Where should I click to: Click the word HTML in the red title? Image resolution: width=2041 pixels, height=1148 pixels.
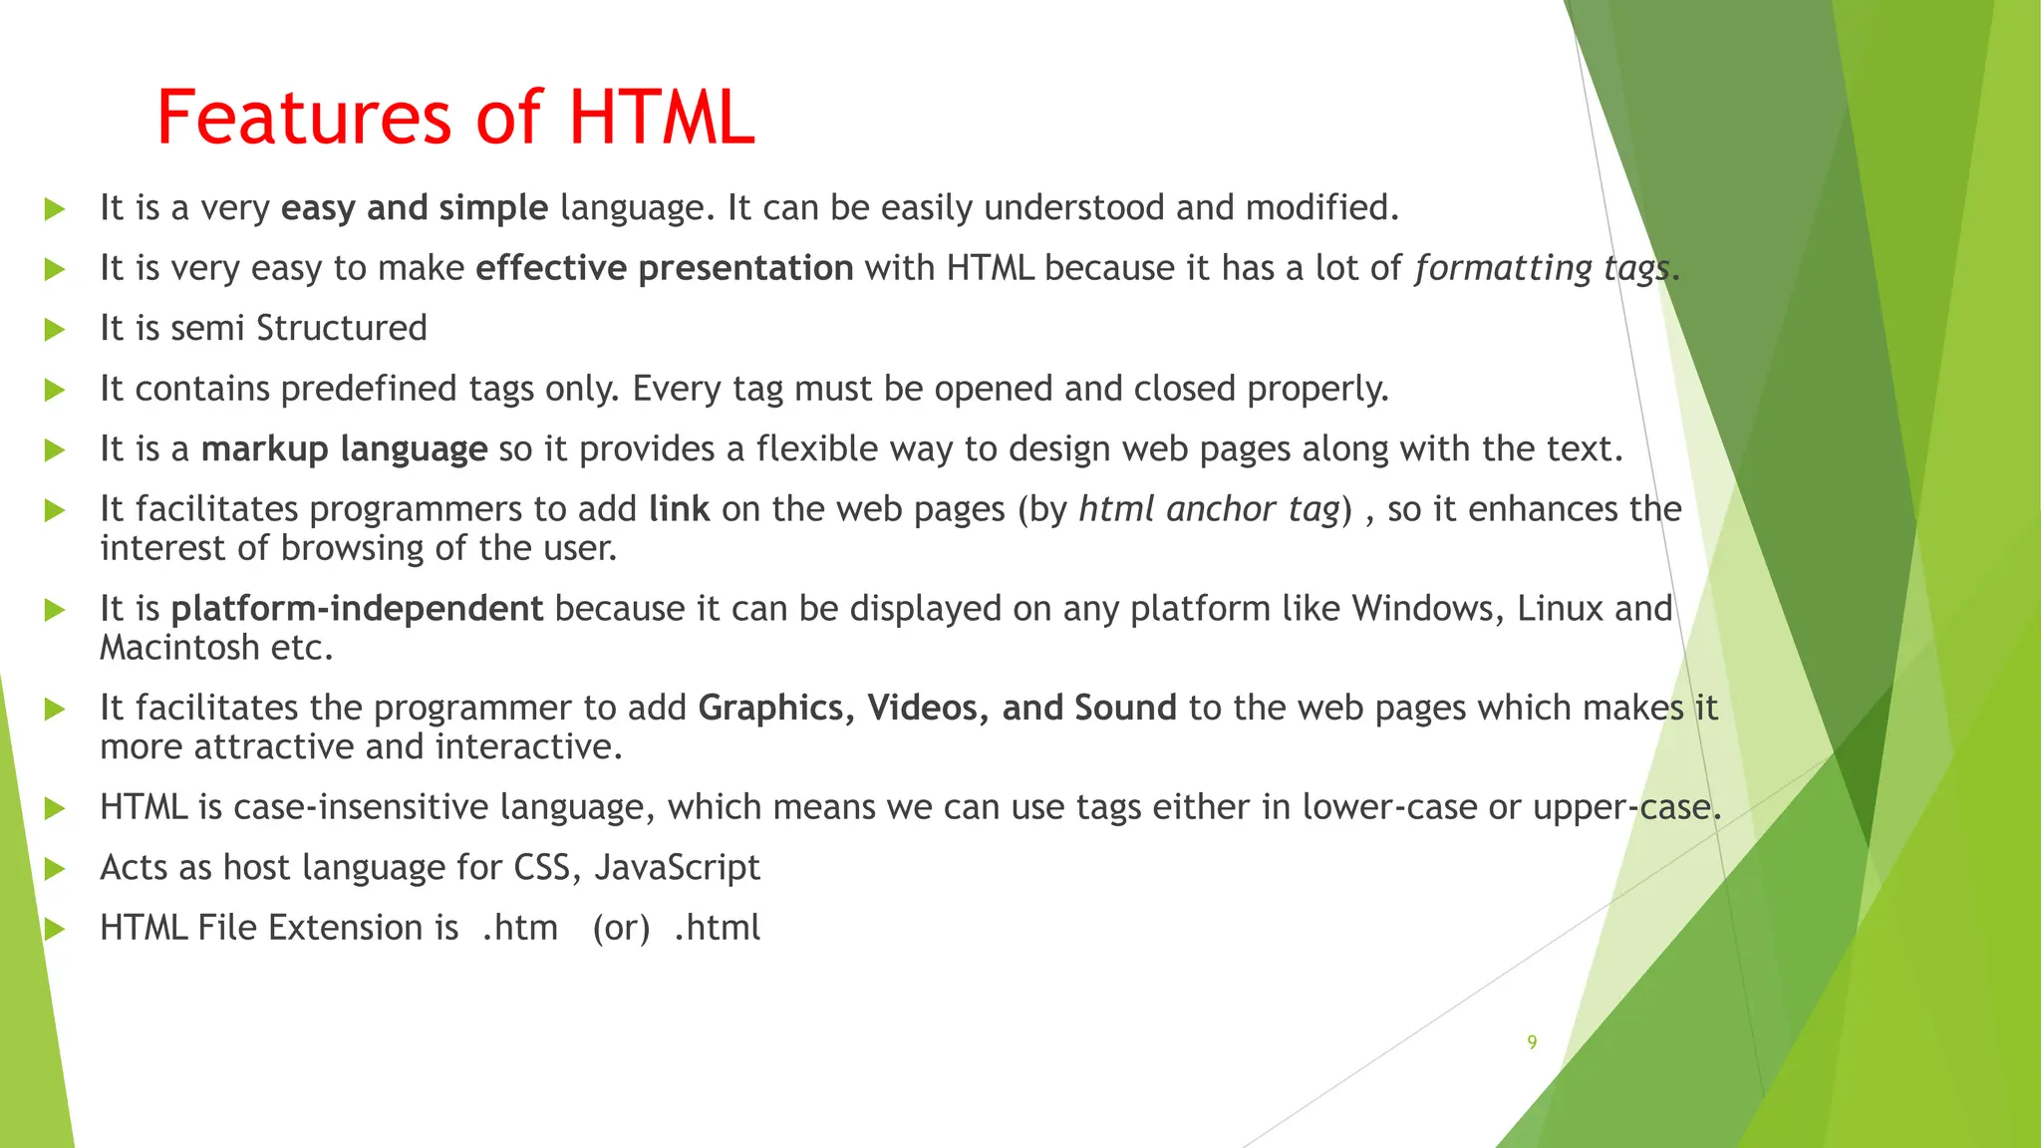(x=662, y=118)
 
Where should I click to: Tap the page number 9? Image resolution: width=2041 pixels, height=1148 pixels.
(x=1532, y=1042)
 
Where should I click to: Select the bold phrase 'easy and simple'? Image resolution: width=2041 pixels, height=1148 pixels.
(x=414, y=208)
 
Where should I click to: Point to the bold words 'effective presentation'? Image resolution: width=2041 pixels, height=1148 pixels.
(x=664, y=269)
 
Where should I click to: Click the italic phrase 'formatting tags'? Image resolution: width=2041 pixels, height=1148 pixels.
(x=1542, y=269)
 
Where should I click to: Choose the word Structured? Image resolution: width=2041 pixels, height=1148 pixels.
(x=342, y=329)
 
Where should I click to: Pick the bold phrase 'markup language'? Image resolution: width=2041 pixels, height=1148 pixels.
(x=344, y=449)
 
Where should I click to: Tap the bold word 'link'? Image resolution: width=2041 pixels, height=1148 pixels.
(x=679, y=509)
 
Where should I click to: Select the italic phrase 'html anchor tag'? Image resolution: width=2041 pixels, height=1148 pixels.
(x=1209, y=509)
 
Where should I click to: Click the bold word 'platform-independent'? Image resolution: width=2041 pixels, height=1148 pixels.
(x=357, y=609)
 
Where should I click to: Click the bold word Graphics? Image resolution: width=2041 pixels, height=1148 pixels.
(x=771, y=709)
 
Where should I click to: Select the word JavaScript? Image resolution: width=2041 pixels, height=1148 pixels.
(x=677, y=868)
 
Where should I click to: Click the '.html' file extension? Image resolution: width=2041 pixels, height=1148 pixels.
(x=717, y=929)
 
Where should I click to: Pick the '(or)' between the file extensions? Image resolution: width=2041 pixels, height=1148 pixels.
(x=621, y=929)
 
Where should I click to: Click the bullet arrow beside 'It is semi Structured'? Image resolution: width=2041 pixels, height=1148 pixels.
(x=55, y=330)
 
